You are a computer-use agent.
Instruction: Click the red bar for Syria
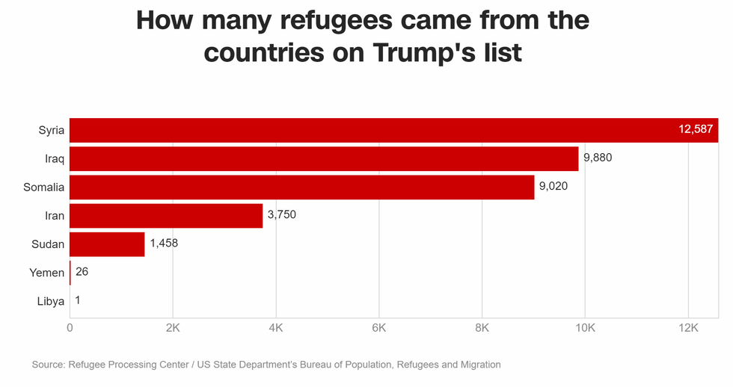[x=374, y=130]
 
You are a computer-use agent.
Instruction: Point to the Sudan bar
[x=107, y=244]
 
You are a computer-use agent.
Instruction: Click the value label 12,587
[x=696, y=130]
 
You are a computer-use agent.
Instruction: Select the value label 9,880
[x=598, y=158]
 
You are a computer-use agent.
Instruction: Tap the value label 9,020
[x=553, y=187]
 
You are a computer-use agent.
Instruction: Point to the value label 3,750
[x=282, y=215]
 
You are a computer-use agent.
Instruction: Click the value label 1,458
[x=164, y=244]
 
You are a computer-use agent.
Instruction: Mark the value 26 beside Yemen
[x=82, y=272]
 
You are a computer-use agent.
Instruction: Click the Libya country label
[x=51, y=301]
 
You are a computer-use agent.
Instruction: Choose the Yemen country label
[x=47, y=273]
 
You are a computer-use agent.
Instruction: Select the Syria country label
[x=52, y=131]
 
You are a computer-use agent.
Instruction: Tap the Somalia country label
[x=44, y=188]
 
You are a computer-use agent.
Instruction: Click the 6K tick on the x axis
[x=378, y=328]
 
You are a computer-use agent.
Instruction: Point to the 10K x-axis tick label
[x=584, y=328]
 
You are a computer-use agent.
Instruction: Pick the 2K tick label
[x=173, y=328]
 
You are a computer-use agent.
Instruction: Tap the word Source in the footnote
[x=47, y=365]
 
